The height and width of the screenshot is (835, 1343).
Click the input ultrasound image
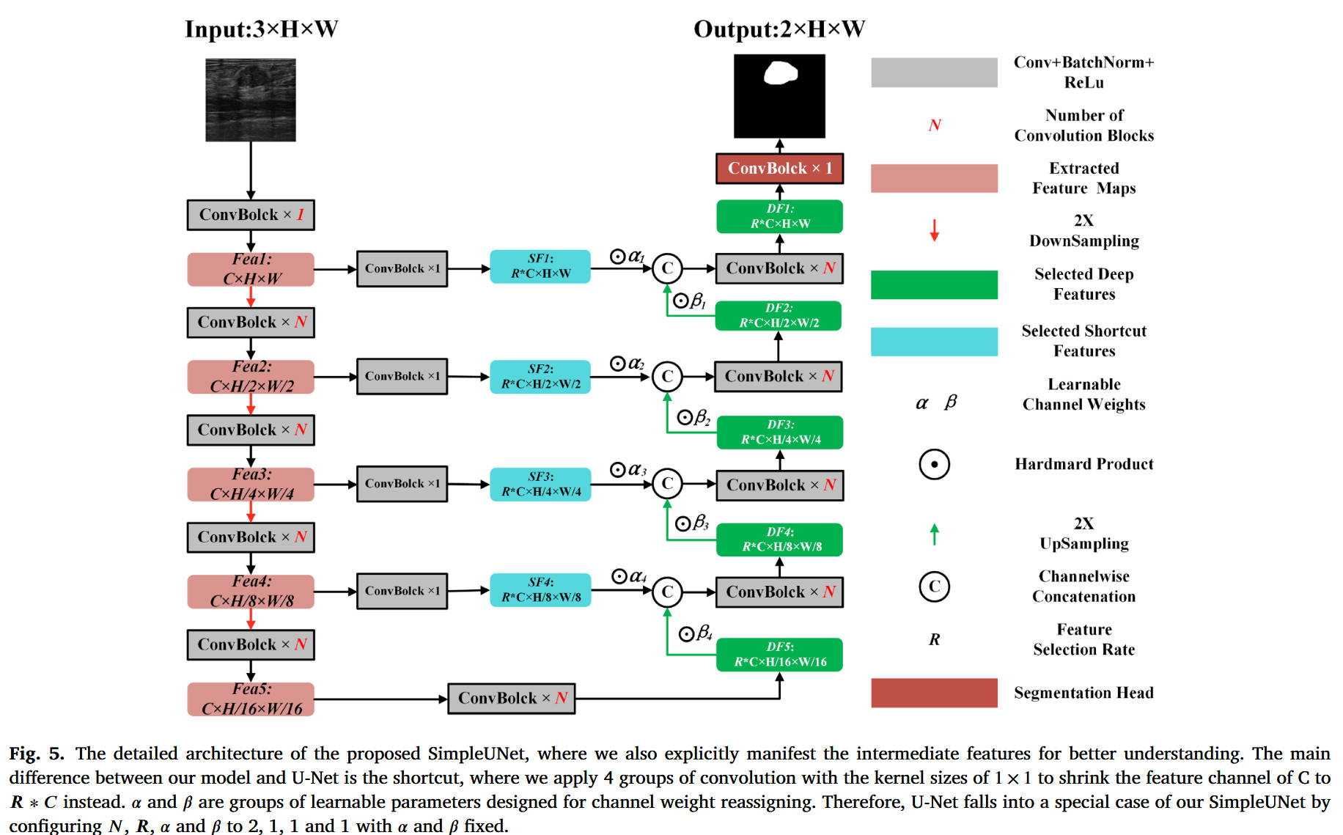[x=251, y=100]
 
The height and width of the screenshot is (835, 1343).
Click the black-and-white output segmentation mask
[x=779, y=95]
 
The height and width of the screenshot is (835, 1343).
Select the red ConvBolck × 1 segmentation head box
[x=779, y=169]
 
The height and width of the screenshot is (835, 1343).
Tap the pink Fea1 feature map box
[x=251, y=269]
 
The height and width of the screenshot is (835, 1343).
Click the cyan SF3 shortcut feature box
[x=540, y=485]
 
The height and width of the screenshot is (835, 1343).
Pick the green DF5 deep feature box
[x=779, y=655]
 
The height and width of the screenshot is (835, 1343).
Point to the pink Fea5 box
[x=251, y=699]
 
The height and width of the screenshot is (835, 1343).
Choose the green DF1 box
[x=779, y=217]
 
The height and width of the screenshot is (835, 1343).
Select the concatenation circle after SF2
[x=667, y=377]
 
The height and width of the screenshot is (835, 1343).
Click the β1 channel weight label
[x=690, y=301]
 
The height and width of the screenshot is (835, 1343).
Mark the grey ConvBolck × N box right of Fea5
[x=512, y=699]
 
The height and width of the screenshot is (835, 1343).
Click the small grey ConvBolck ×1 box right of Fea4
[x=402, y=591]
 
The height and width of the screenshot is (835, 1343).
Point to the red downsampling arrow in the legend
[x=934, y=230]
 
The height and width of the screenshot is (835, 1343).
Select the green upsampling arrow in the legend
[x=934, y=534]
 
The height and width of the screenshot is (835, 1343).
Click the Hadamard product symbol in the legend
[x=934, y=464]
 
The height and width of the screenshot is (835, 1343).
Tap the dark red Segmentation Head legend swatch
[x=934, y=693]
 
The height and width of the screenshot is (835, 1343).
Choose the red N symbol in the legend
[x=934, y=125]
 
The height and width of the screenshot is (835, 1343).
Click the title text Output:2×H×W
[x=779, y=29]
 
